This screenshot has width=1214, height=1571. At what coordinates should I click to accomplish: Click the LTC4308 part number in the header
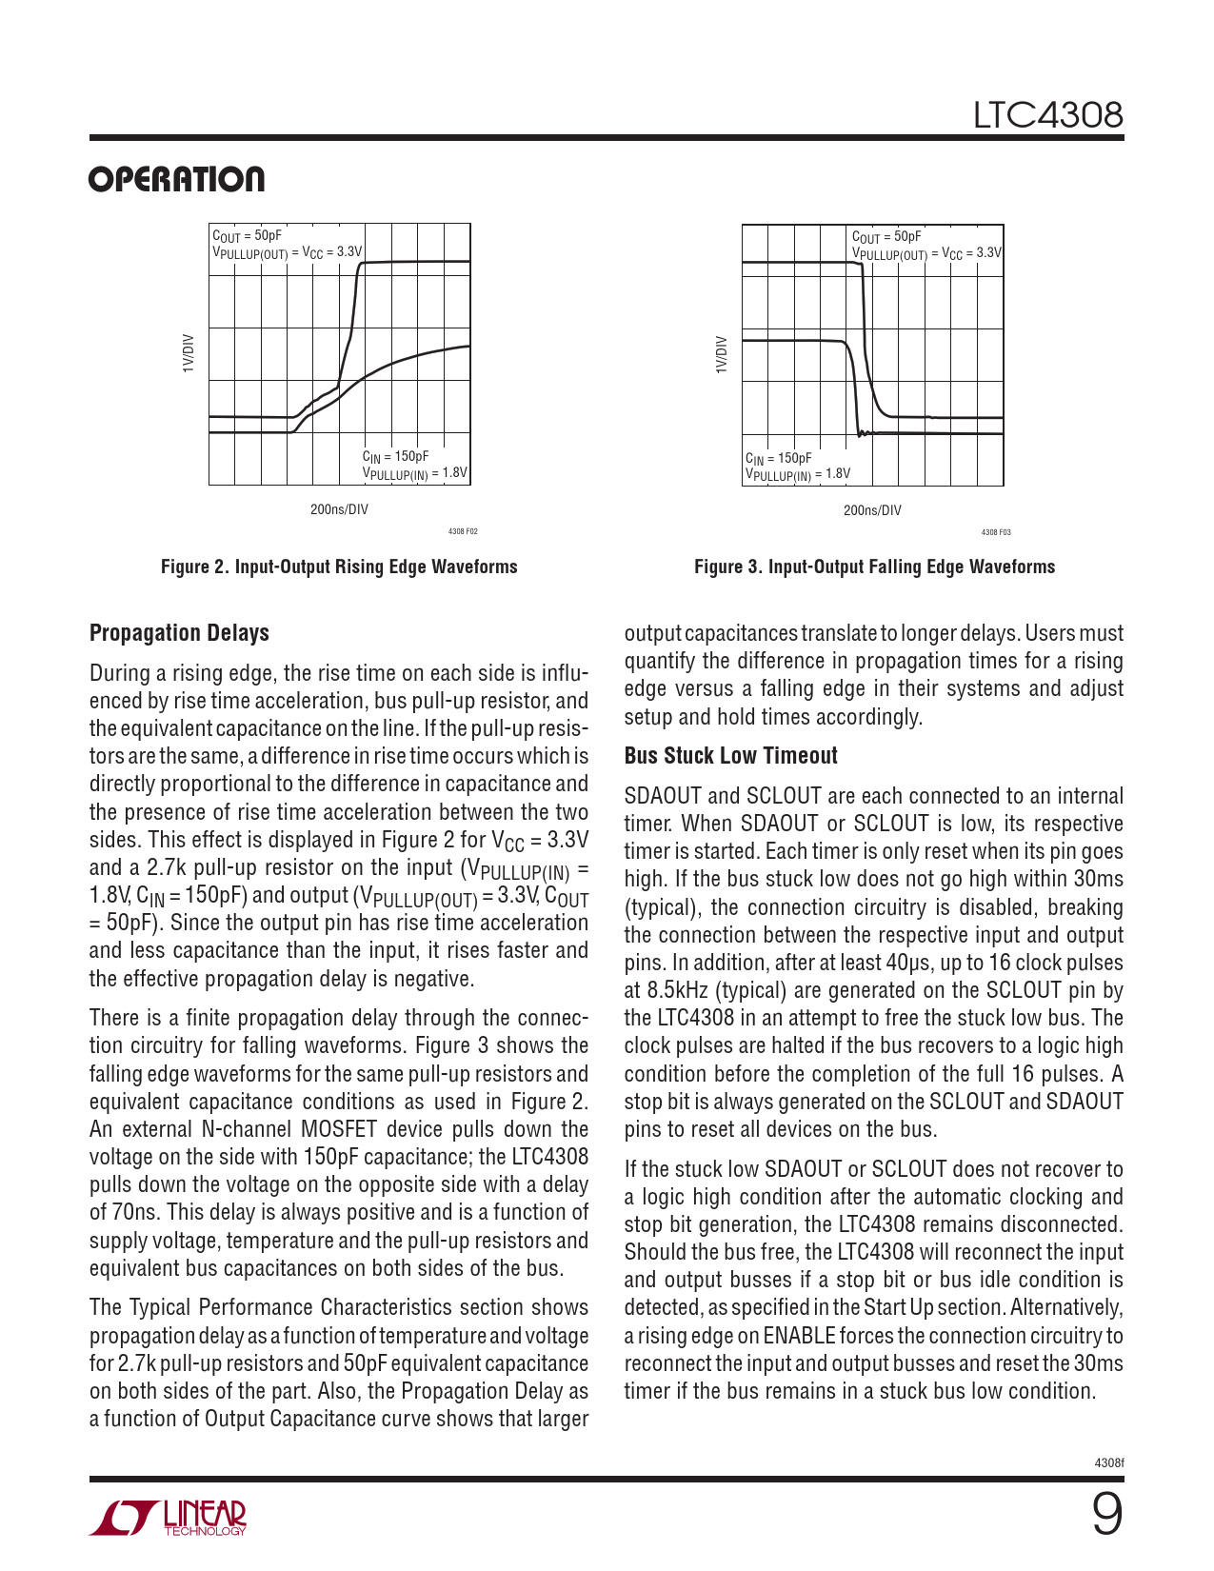click(1047, 115)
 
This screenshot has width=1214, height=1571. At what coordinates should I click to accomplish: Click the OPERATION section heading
click(177, 179)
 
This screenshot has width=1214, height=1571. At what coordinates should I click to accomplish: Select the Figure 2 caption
click(339, 567)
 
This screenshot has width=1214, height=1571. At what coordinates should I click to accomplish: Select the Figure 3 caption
click(874, 567)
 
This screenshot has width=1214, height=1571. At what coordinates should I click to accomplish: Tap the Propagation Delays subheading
click(179, 633)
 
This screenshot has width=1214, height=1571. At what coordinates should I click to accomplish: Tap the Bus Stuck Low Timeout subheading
click(730, 756)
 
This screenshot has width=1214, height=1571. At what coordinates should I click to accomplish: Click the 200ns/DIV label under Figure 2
click(339, 509)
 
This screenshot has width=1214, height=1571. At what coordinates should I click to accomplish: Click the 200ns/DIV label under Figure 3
click(872, 510)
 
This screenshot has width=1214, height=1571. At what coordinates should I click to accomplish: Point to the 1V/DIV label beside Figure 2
click(189, 353)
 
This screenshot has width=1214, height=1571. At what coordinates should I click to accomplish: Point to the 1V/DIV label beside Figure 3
click(722, 353)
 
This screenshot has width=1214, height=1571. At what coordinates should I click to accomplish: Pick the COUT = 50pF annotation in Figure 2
click(247, 236)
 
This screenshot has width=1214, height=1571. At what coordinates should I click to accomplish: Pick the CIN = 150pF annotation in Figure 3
click(778, 458)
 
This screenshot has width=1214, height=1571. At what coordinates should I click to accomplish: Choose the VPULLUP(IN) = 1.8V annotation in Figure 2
click(414, 473)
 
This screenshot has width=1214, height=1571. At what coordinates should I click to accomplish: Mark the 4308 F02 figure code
click(463, 532)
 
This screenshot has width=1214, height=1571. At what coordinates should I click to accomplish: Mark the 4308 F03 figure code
click(996, 532)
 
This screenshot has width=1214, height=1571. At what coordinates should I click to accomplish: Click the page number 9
click(1105, 1514)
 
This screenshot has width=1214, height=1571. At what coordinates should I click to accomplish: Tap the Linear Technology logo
click(168, 1518)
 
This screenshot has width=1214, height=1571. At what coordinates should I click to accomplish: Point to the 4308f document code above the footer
click(1109, 1462)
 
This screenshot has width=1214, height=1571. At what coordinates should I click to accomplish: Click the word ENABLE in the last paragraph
click(799, 1336)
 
